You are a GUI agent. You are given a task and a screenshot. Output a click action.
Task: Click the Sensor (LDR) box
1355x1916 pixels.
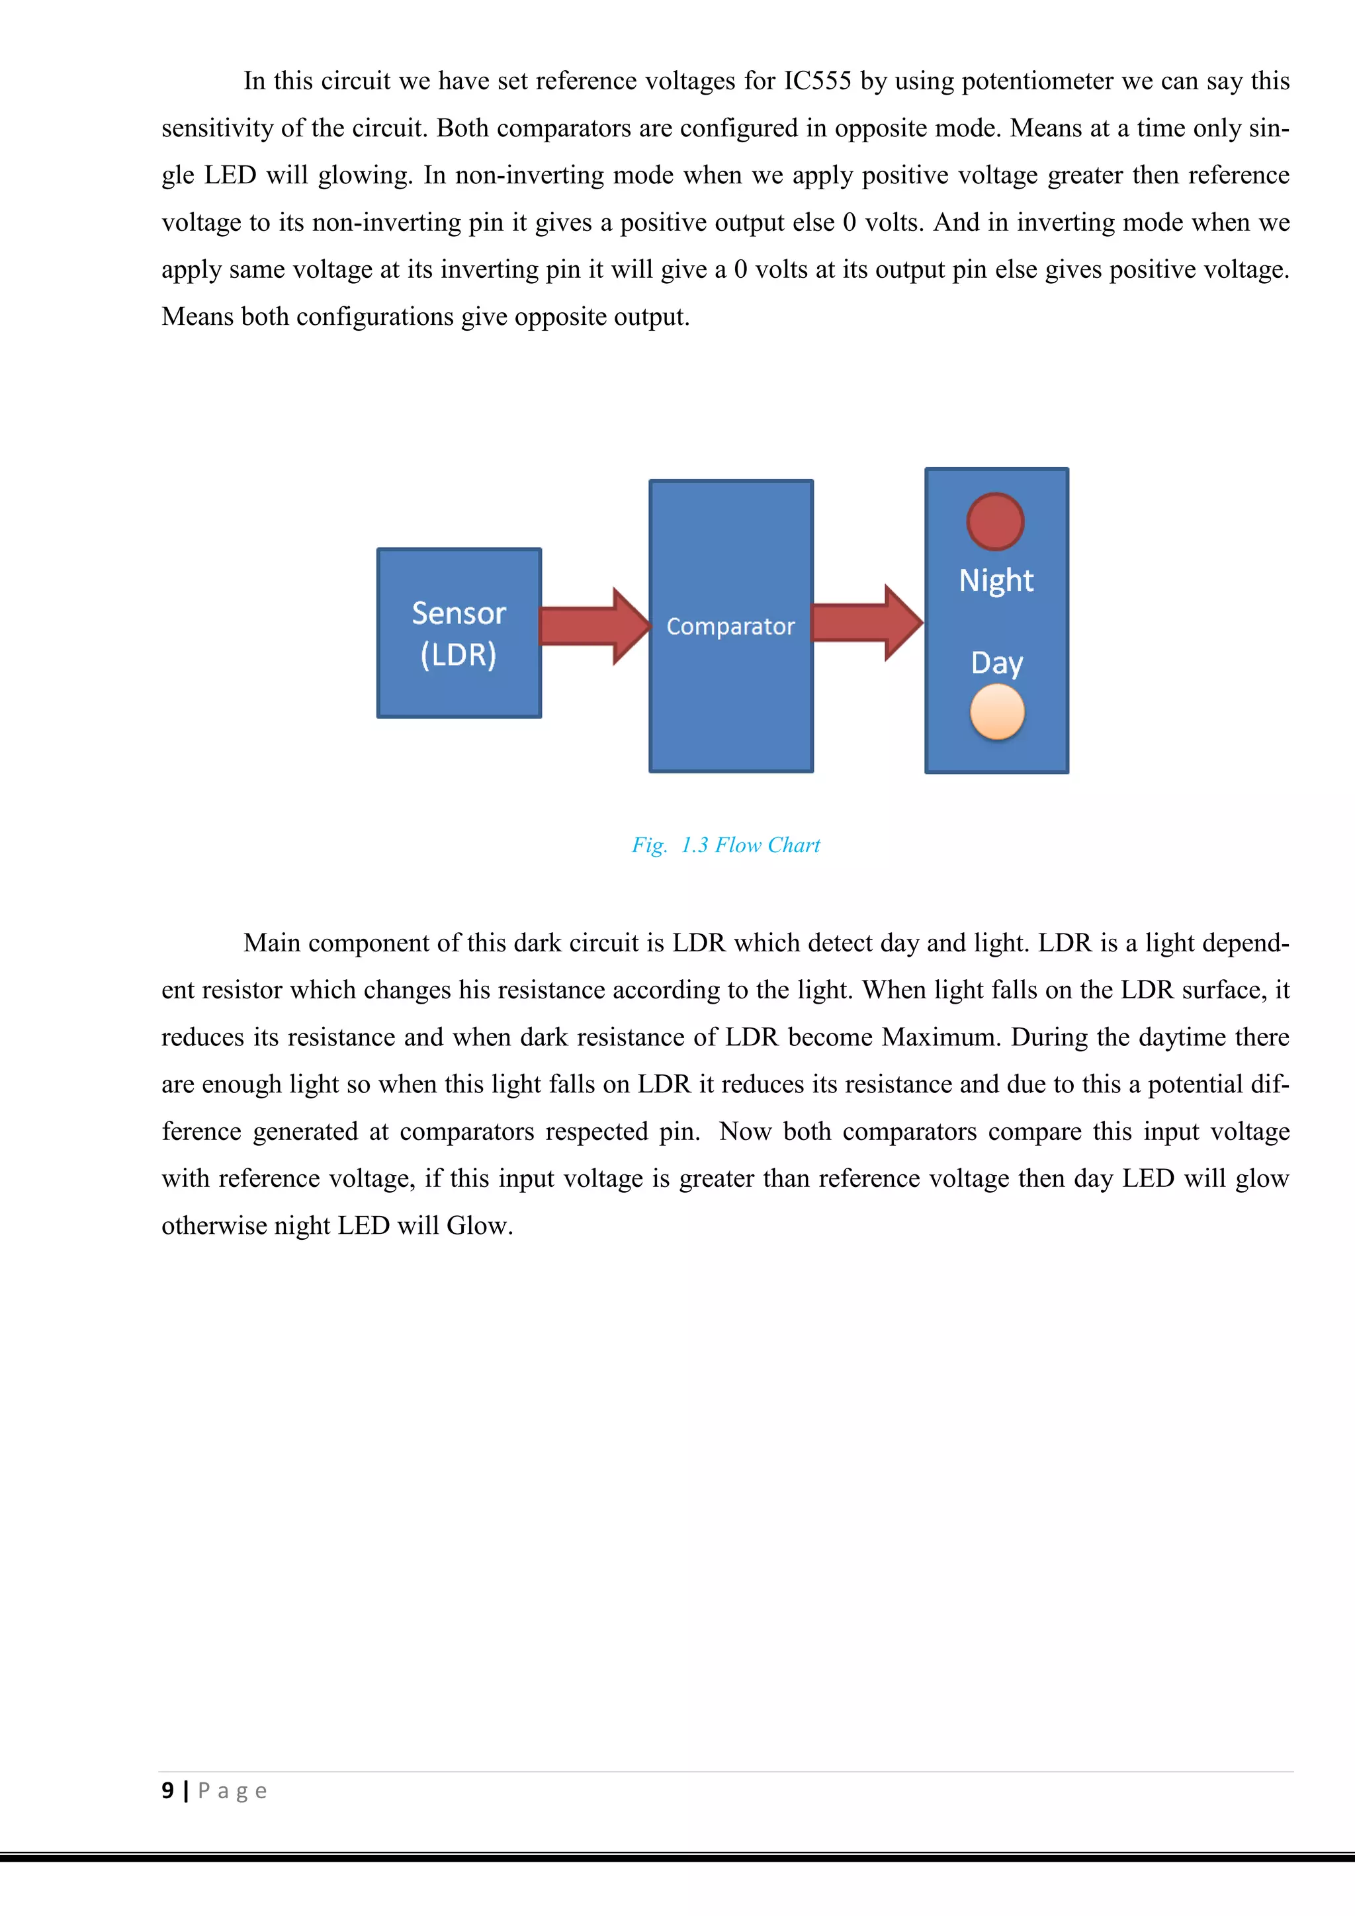point(459,633)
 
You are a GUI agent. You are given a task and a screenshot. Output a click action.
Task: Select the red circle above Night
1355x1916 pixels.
point(994,521)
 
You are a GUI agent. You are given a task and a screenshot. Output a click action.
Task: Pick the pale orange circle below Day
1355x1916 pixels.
point(997,712)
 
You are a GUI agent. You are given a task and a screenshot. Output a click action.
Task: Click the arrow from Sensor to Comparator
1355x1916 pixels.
point(594,626)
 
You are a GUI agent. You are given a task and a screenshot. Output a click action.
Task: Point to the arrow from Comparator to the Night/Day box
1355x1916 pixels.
point(867,623)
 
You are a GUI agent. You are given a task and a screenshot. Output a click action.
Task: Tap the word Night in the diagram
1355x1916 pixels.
point(996,581)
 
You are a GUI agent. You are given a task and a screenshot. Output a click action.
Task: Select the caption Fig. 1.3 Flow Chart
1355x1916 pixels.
point(725,846)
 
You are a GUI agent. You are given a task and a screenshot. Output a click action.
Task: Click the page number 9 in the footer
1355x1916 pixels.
point(167,1791)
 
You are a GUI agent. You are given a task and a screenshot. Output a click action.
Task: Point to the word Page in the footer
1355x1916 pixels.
point(232,1792)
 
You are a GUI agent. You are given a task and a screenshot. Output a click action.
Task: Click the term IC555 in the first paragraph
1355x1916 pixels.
point(817,81)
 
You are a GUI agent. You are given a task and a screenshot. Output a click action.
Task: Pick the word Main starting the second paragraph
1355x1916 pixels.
point(272,943)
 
